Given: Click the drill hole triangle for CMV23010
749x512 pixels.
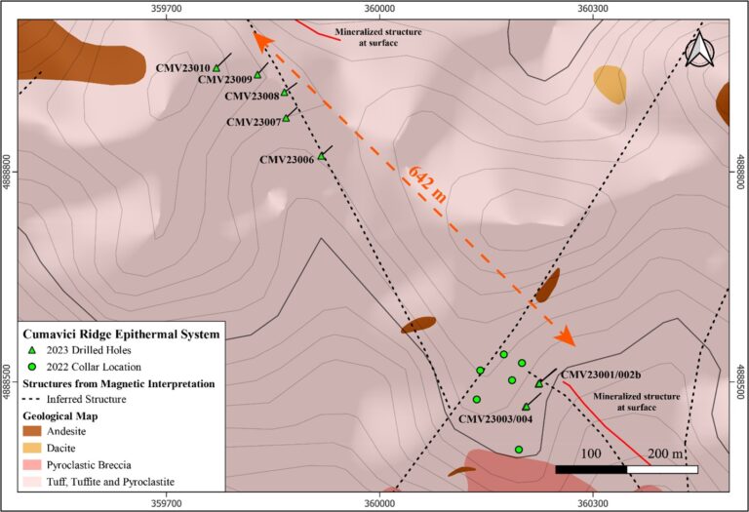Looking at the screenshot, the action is (x=217, y=68).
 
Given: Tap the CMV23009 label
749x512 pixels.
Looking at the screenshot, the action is (x=225, y=79).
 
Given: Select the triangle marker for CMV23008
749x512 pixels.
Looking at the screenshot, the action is (x=284, y=93).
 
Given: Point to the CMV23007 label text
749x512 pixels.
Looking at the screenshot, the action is (x=254, y=122).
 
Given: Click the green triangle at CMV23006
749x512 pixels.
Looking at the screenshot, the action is (x=322, y=156).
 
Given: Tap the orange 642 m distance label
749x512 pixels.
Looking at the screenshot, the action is (x=427, y=184).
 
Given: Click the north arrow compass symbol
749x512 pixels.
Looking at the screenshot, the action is (x=699, y=49).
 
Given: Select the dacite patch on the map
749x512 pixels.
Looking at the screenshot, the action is (x=610, y=85).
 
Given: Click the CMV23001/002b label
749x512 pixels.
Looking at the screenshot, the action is (x=601, y=374).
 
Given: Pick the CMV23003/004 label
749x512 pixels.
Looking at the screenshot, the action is (x=495, y=419).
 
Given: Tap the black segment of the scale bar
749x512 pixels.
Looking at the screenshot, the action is (x=591, y=469).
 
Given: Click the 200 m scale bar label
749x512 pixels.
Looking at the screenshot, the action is (x=665, y=453).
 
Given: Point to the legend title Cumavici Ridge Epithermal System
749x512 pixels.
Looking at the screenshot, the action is (x=121, y=334).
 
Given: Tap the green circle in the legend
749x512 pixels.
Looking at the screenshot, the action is (x=32, y=367).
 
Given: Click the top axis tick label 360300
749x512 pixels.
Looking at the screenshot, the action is (x=593, y=8).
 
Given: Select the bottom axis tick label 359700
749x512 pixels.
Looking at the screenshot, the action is (x=166, y=503).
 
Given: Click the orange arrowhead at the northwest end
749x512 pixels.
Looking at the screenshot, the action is (x=261, y=41).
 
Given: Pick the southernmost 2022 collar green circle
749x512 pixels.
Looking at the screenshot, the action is (x=519, y=450).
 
